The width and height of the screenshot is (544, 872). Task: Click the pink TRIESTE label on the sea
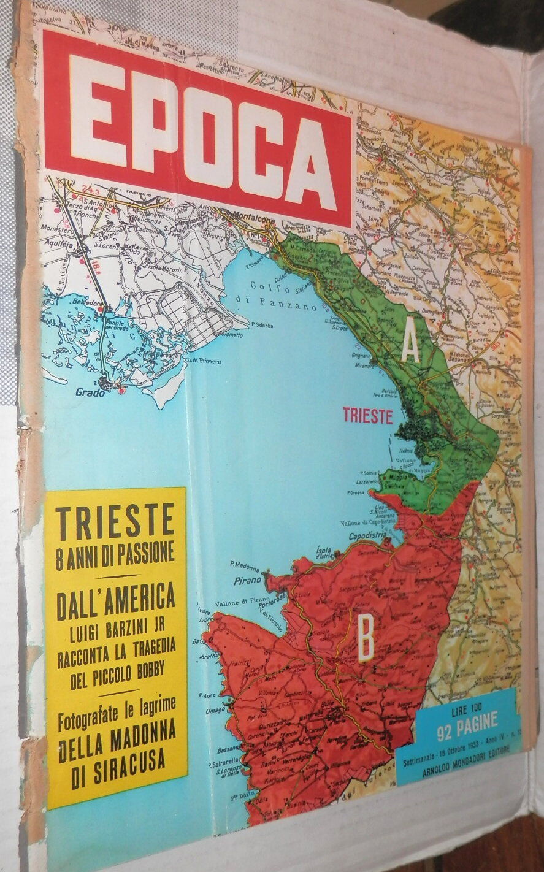(367, 416)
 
